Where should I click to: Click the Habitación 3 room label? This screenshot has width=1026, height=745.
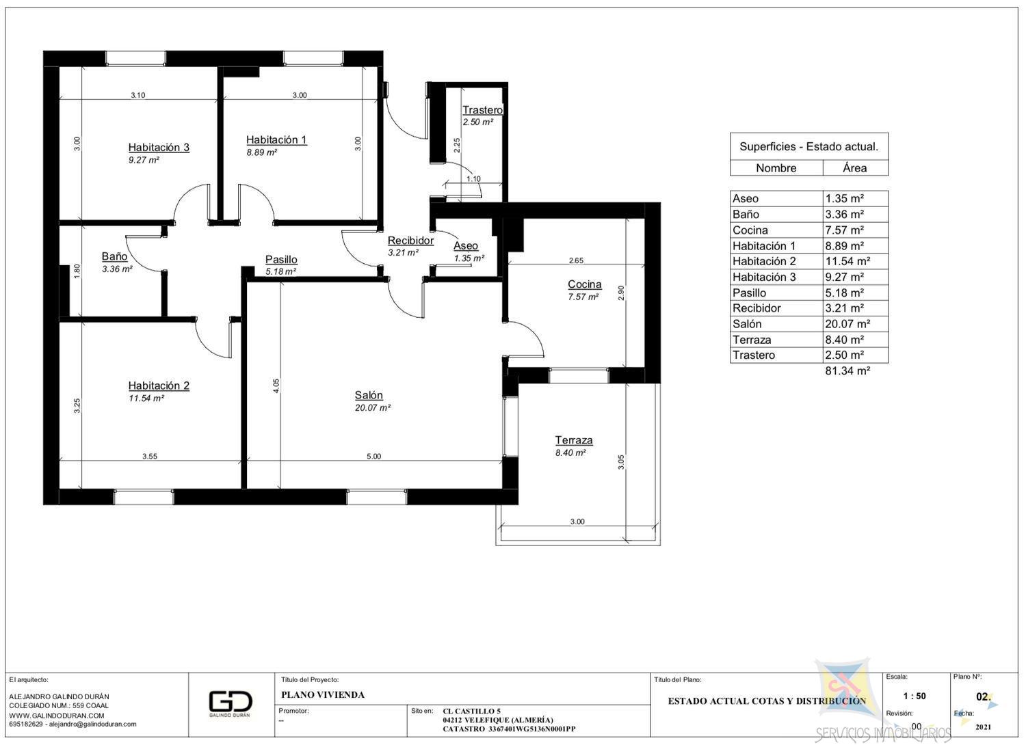pos(159,148)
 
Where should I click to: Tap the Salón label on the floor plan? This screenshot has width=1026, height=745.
pos(369,395)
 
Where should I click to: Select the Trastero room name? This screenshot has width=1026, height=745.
pos(482,110)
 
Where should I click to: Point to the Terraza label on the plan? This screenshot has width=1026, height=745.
pos(574,440)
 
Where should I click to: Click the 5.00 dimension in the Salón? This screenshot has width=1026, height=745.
pos(373,457)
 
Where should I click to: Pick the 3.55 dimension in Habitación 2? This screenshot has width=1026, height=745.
pos(150,457)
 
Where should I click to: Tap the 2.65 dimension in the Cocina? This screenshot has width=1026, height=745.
pos(576,261)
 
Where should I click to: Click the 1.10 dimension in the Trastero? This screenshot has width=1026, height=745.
pos(473,179)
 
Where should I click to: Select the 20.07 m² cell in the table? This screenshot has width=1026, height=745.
pos(847,324)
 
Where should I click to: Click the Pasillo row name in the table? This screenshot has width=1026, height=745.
pos(750,293)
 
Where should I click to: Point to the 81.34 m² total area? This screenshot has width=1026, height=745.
pos(847,370)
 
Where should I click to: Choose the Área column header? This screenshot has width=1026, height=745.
pos(855,168)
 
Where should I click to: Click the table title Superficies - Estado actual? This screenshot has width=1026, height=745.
pos(809,147)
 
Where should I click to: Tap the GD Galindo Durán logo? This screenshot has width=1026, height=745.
pos(231,704)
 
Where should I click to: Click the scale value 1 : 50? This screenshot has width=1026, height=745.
pos(915,696)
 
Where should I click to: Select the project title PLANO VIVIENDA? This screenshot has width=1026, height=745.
pos(323,694)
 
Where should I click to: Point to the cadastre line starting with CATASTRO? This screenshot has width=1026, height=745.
pos(509,729)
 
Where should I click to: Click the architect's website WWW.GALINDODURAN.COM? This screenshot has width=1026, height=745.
pos(57,716)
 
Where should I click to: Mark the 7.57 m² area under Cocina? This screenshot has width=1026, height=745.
pos(583,297)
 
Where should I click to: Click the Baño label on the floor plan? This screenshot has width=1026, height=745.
pos(114,256)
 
